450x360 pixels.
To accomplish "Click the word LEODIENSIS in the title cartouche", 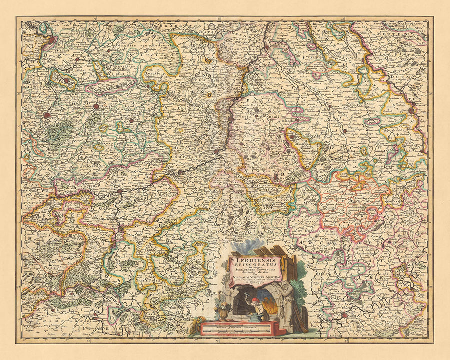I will click(256, 260).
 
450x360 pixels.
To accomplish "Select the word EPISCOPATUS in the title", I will click(256, 266).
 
